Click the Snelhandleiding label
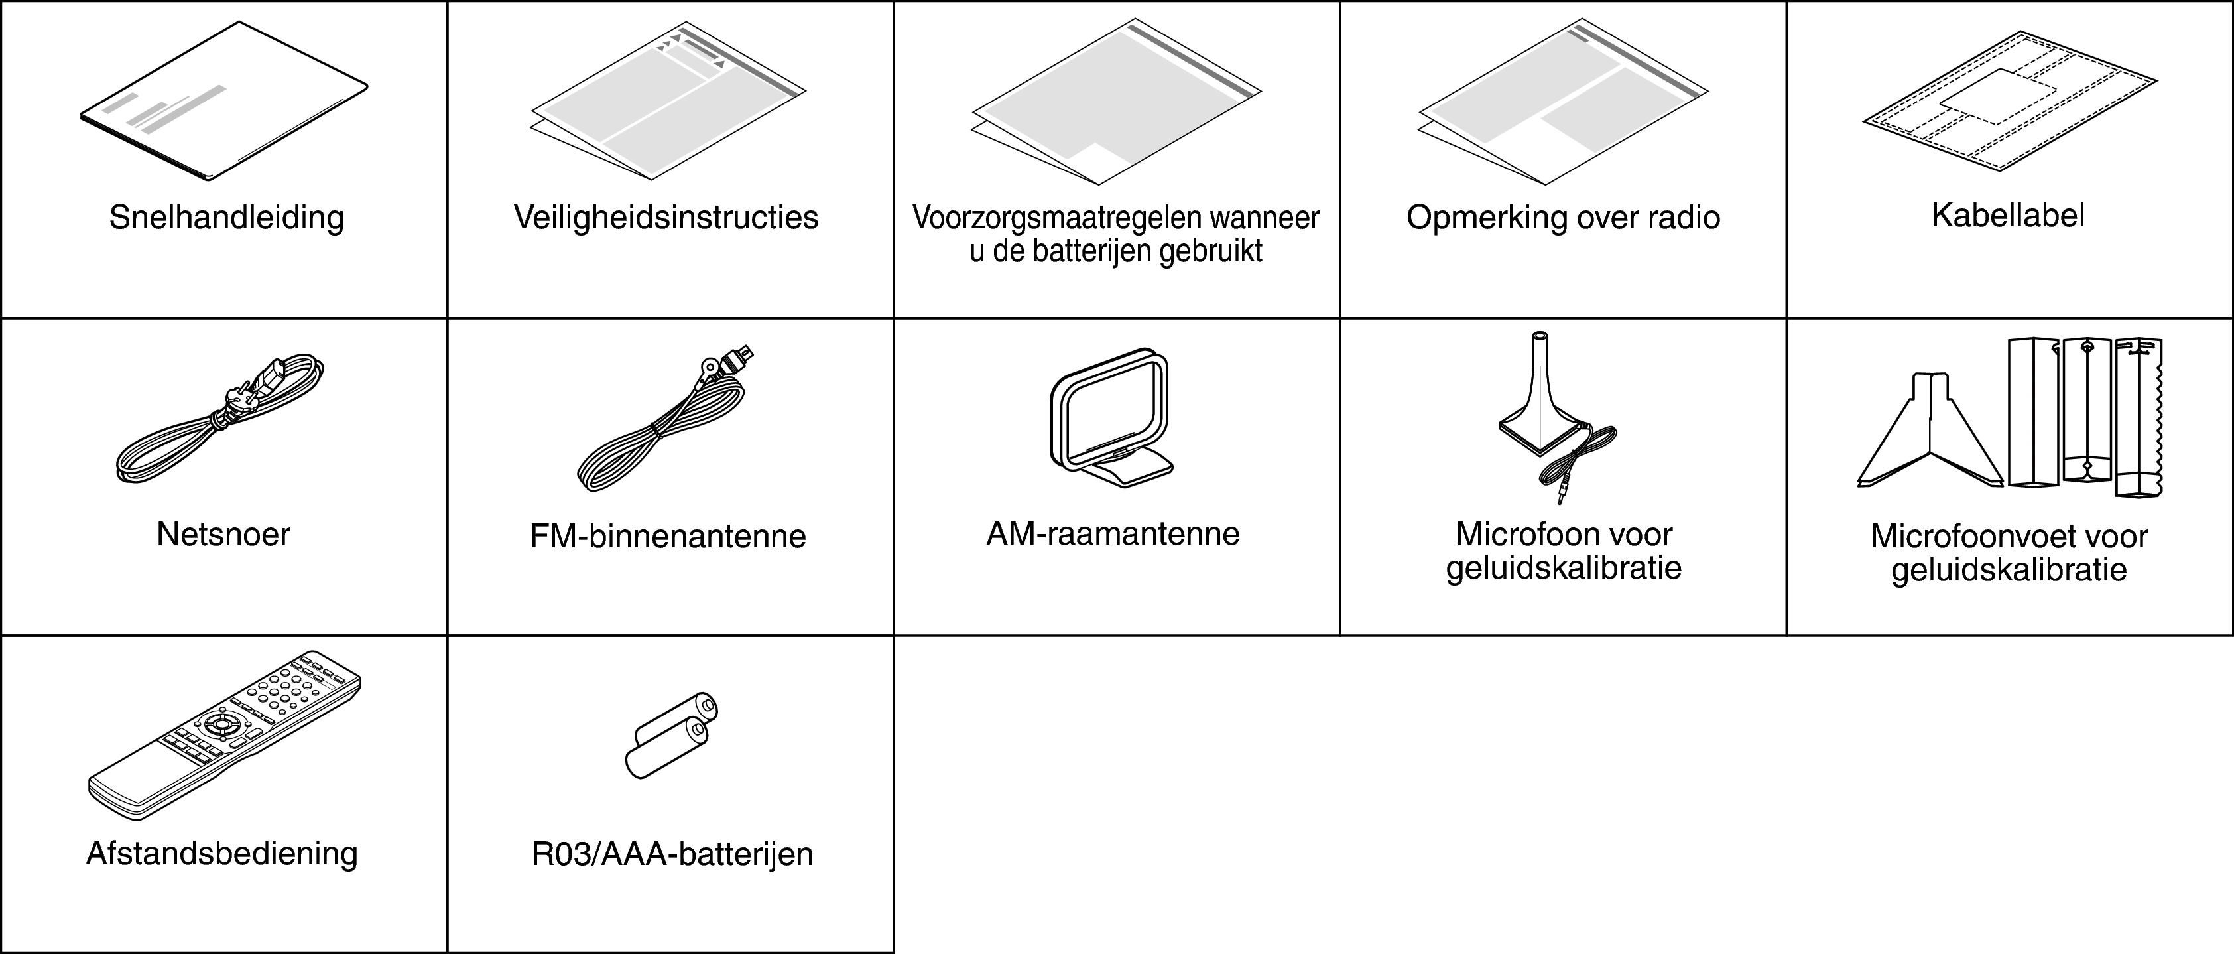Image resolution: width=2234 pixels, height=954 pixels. (226, 217)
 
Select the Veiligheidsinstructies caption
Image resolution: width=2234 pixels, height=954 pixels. (666, 217)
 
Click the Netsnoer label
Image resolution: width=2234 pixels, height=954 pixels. (223, 534)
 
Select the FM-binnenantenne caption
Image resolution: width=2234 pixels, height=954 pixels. (668, 536)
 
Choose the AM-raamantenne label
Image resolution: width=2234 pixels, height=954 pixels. (1113, 533)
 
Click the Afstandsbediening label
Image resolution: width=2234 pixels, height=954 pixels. (222, 853)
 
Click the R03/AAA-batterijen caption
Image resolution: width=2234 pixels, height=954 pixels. (672, 854)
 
